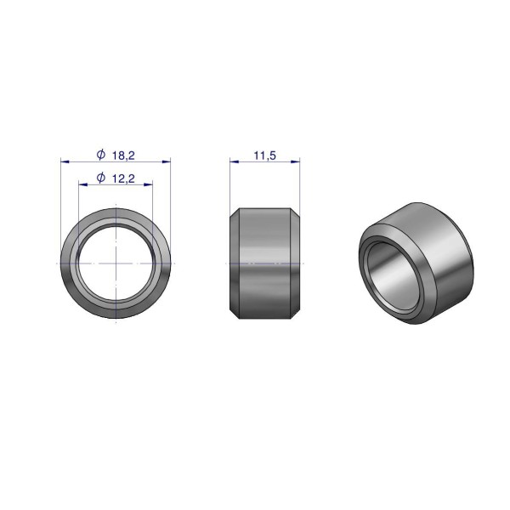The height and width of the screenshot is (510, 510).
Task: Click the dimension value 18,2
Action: tap(123, 156)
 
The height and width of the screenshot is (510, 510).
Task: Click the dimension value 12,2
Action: tap(123, 178)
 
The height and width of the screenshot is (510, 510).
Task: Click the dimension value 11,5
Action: tap(264, 156)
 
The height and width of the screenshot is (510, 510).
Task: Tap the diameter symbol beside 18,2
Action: tap(101, 154)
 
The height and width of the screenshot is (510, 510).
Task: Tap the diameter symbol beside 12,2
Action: tap(101, 178)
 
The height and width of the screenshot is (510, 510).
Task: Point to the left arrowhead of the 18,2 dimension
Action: tap(65, 161)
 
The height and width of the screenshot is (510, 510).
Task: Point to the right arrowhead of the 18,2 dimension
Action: tap(167, 161)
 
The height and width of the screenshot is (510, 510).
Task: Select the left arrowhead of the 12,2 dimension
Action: tap(83, 184)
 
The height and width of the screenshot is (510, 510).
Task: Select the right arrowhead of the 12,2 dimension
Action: tap(148, 184)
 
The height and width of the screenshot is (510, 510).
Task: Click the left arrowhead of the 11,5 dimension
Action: tap(235, 161)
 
